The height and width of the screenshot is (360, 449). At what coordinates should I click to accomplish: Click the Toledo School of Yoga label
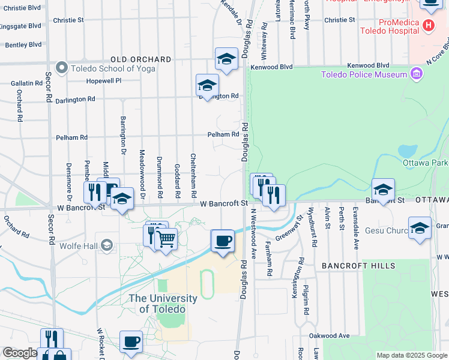[113, 68]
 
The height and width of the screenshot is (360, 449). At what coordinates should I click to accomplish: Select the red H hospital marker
[428, 25]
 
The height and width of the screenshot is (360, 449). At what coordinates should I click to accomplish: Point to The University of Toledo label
[163, 304]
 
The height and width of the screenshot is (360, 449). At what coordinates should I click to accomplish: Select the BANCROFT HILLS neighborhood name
[358, 265]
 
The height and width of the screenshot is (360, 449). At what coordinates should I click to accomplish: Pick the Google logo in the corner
[19, 353]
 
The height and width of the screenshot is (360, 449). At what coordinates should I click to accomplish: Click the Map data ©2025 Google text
[411, 355]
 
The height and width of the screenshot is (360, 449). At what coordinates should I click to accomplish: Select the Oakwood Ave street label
[329, 336]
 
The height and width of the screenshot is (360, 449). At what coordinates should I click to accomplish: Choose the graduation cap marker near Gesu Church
[420, 229]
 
